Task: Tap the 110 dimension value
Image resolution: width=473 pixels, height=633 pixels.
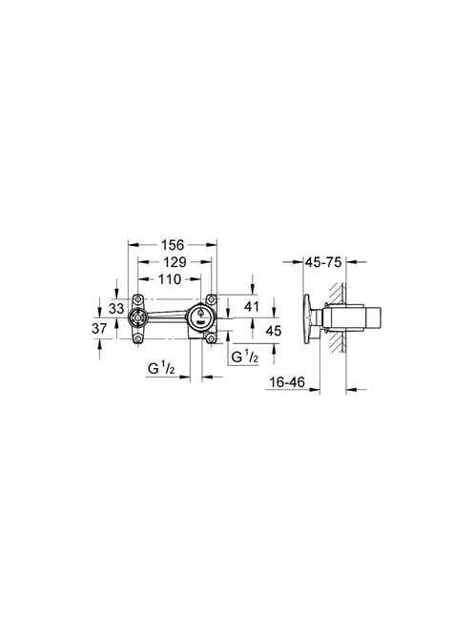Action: [170, 279]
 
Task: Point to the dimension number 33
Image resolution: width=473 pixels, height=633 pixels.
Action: [115, 309]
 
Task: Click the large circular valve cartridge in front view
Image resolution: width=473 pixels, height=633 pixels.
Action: [202, 317]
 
